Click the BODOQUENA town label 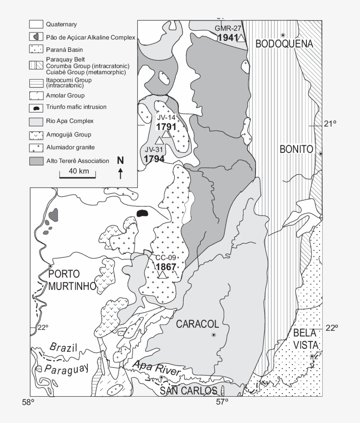(284, 44)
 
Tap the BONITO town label (296, 150)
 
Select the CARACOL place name (197, 324)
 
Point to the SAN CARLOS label (188, 391)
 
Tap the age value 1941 (227, 38)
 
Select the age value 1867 (165, 267)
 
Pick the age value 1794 (154, 159)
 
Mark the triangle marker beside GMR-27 (241, 38)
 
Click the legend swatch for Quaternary (36, 25)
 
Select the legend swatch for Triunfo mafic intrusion (36, 108)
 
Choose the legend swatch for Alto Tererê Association (36, 161)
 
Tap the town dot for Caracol (214, 335)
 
